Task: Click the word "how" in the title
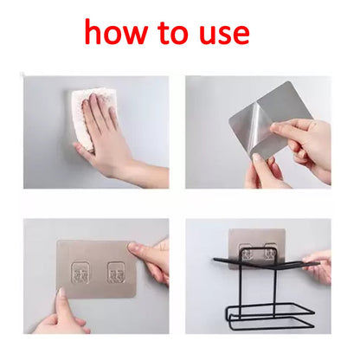(116, 32)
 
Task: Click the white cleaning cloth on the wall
(90, 119)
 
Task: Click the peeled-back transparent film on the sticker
(254, 125)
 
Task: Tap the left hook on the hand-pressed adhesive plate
(80, 273)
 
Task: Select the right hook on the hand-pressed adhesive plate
(116, 273)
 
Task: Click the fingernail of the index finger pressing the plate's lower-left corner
(61, 292)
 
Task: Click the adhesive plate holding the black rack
(257, 245)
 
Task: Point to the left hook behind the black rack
(247, 254)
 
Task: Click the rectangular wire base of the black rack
(270, 316)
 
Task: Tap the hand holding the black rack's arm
(318, 267)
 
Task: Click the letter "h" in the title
(94, 32)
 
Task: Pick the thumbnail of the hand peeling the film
(256, 157)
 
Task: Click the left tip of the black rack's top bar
(215, 260)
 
